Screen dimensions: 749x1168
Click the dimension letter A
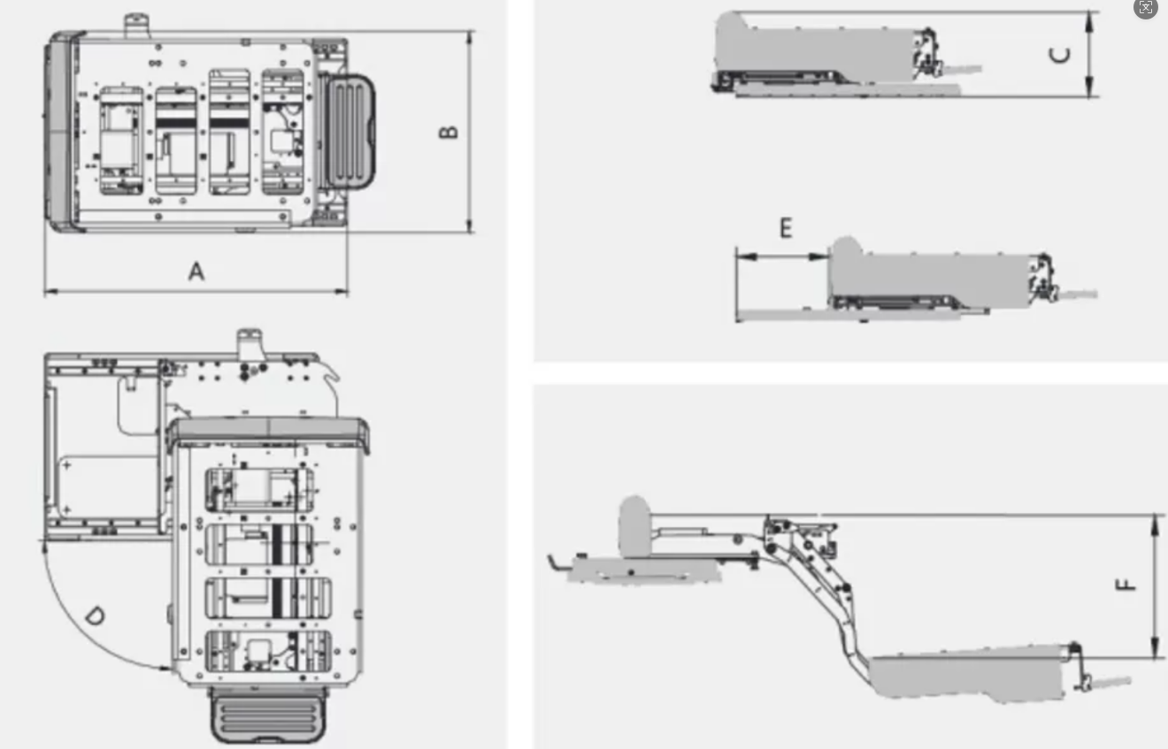(196, 271)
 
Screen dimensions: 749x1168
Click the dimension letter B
(450, 131)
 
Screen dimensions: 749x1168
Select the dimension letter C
(1060, 55)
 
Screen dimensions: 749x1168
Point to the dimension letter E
(786, 228)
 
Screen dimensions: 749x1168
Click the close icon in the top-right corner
(1146, 8)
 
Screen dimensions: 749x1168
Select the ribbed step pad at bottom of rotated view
(267, 715)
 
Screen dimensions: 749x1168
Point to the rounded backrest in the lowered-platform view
(634, 516)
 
